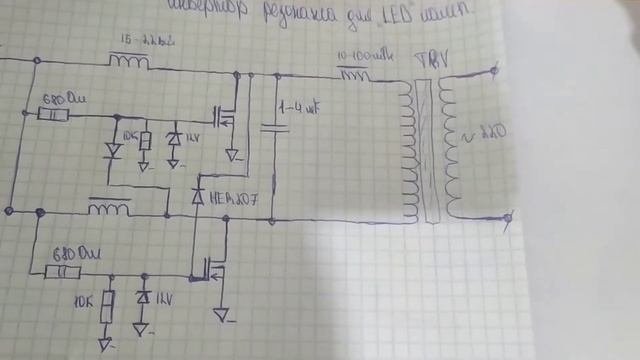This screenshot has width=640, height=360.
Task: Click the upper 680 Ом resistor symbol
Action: point(53,114)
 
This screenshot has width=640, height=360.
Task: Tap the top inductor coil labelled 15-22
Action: point(129,61)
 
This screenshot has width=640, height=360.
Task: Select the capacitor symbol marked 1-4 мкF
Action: point(273,126)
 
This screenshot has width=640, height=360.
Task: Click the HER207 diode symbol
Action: point(197,197)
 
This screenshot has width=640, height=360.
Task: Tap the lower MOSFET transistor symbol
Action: point(213,266)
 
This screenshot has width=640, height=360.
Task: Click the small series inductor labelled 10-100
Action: point(355,73)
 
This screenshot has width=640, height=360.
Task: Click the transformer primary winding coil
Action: point(407,150)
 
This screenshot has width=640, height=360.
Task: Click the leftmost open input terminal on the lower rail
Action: point(9,211)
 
